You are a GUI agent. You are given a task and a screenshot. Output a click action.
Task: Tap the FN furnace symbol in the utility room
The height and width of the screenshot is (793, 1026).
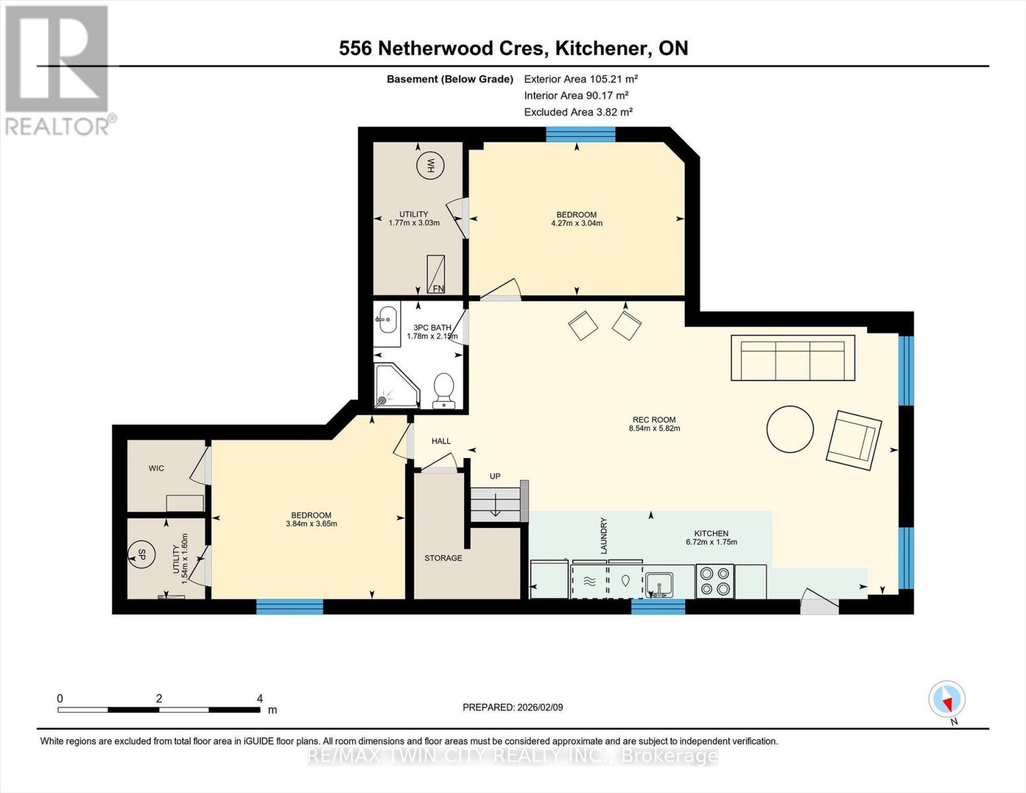point(435,274)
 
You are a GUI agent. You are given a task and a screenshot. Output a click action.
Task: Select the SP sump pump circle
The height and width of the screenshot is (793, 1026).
point(141,554)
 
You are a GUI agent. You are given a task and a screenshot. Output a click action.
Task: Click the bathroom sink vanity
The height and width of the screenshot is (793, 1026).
point(386,323)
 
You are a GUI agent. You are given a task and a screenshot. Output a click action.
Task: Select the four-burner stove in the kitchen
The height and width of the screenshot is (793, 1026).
point(715,581)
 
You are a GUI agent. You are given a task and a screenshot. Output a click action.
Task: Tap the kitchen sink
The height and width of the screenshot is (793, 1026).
point(659,584)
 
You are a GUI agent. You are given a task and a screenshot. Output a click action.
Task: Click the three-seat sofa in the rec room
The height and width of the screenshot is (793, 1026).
point(793,358)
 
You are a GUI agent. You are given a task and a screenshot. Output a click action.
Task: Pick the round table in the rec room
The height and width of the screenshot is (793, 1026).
point(790,429)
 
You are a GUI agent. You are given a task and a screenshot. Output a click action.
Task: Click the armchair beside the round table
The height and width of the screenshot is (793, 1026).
point(854,440)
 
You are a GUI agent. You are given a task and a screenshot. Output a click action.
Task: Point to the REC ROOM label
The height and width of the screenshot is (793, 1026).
point(654,420)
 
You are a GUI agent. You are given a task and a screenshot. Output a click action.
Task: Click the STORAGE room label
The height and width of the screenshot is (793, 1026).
point(443,558)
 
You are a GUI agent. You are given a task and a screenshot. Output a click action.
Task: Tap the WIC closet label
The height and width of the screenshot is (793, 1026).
point(156,469)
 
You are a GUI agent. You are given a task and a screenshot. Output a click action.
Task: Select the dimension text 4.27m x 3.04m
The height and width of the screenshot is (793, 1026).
point(576,223)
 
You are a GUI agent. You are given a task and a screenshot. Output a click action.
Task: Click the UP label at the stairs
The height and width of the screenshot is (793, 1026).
point(495,476)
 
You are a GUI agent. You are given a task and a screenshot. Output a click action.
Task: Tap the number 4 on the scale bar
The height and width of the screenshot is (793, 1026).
point(260,699)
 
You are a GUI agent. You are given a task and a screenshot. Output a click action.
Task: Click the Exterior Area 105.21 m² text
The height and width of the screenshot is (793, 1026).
point(581,79)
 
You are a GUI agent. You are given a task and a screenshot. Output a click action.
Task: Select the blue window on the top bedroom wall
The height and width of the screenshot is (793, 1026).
point(580,135)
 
